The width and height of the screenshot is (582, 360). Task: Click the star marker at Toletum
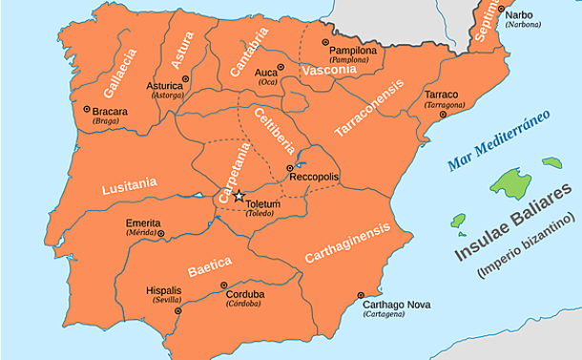[x=239, y=196]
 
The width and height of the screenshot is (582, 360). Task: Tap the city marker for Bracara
[x=87, y=109]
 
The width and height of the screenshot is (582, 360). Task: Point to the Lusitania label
[x=128, y=183]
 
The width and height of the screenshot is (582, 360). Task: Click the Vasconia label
[x=327, y=71]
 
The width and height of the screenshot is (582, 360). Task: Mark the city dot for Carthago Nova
[x=360, y=295]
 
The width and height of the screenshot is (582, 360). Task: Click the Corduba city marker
[x=224, y=285]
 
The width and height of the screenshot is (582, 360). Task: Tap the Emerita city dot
[x=160, y=233]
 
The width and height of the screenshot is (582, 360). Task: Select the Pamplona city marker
[x=324, y=43]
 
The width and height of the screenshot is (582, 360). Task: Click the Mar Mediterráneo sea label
[x=498, y=140]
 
